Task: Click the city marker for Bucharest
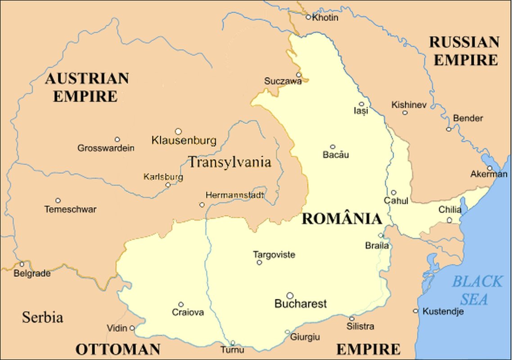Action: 290,296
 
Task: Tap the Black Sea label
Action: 476,290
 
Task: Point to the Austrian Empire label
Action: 86,87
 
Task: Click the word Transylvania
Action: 229,162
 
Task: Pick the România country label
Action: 341,219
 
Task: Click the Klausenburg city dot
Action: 178,131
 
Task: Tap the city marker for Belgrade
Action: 22,264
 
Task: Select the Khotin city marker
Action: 308,17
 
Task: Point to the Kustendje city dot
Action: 415,311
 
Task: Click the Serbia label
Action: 42,317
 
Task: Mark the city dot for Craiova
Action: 181,305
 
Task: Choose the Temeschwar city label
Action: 70,209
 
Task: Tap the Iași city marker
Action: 361,104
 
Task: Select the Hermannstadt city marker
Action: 202,205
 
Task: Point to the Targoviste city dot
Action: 259,262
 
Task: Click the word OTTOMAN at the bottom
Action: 118,349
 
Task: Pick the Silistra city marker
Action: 352,319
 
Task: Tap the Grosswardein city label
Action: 106,148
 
